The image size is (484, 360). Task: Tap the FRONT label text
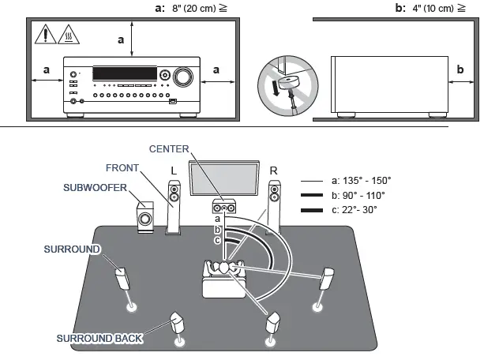click(x=123, y=167)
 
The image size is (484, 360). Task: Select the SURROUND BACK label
click(x=99, y=338)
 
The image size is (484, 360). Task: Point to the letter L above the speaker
click(x=174, y=170)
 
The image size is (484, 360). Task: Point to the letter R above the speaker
click(x=273, y=170)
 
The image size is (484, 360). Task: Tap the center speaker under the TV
click(x=224, y=208)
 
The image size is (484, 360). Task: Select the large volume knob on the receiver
click(x=182, y=77)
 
